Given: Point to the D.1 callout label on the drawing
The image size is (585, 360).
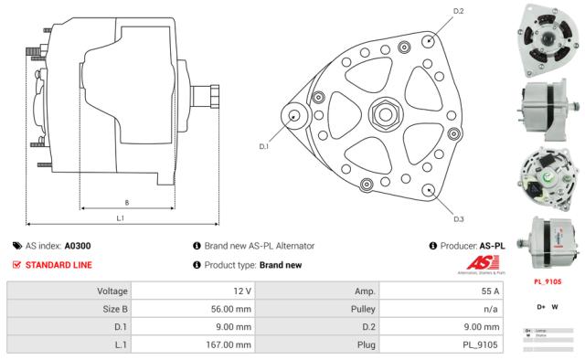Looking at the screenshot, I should (264, 145).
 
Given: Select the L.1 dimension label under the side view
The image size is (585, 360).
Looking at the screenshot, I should (121, 218).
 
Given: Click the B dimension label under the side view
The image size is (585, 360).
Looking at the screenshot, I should (125, 202).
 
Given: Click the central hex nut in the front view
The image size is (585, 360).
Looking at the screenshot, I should (381, 115).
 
